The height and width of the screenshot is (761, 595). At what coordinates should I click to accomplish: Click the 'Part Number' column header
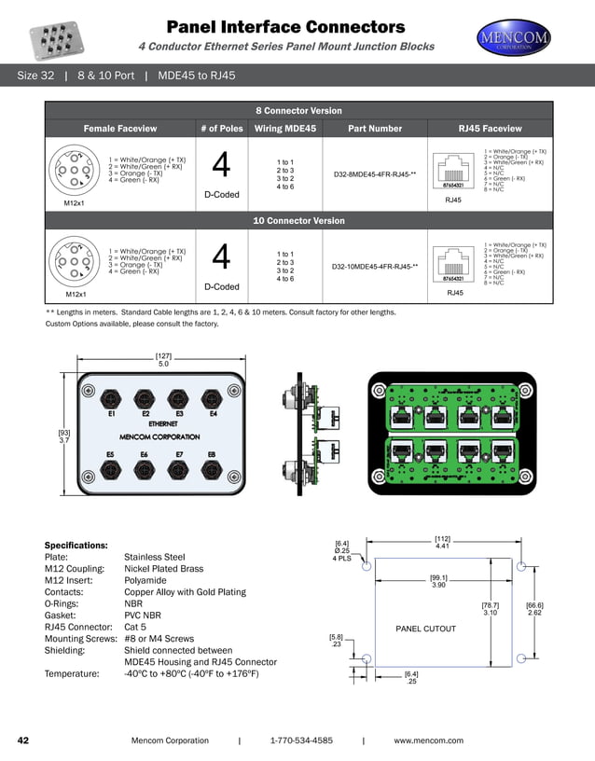(374, 129)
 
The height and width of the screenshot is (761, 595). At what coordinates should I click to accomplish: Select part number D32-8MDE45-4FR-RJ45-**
(374, 174)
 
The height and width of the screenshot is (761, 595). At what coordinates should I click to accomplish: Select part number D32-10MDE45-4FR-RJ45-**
(374, 267)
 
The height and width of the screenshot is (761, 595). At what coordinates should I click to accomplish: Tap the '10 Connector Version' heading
(298, 221)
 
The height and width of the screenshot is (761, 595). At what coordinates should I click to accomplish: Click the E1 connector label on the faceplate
(111, 413)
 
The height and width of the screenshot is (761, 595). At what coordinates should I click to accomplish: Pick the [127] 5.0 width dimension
(163, 360)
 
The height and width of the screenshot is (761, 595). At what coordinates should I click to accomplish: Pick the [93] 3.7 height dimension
(64, 436)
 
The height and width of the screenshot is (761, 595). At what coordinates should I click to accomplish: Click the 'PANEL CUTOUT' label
(426, 629)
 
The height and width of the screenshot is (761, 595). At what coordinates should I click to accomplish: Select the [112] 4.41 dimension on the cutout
(442, 542)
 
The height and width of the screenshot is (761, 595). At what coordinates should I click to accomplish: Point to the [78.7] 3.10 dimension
(491, 609)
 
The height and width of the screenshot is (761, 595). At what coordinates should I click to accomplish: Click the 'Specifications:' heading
(76, 545)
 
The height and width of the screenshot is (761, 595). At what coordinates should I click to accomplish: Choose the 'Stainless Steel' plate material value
(155, 557)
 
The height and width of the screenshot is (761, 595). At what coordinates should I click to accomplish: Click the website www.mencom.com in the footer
(428, 740)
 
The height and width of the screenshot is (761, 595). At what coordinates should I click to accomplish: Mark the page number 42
(24, 740)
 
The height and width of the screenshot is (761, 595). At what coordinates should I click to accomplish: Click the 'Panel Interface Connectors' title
(285, 26)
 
